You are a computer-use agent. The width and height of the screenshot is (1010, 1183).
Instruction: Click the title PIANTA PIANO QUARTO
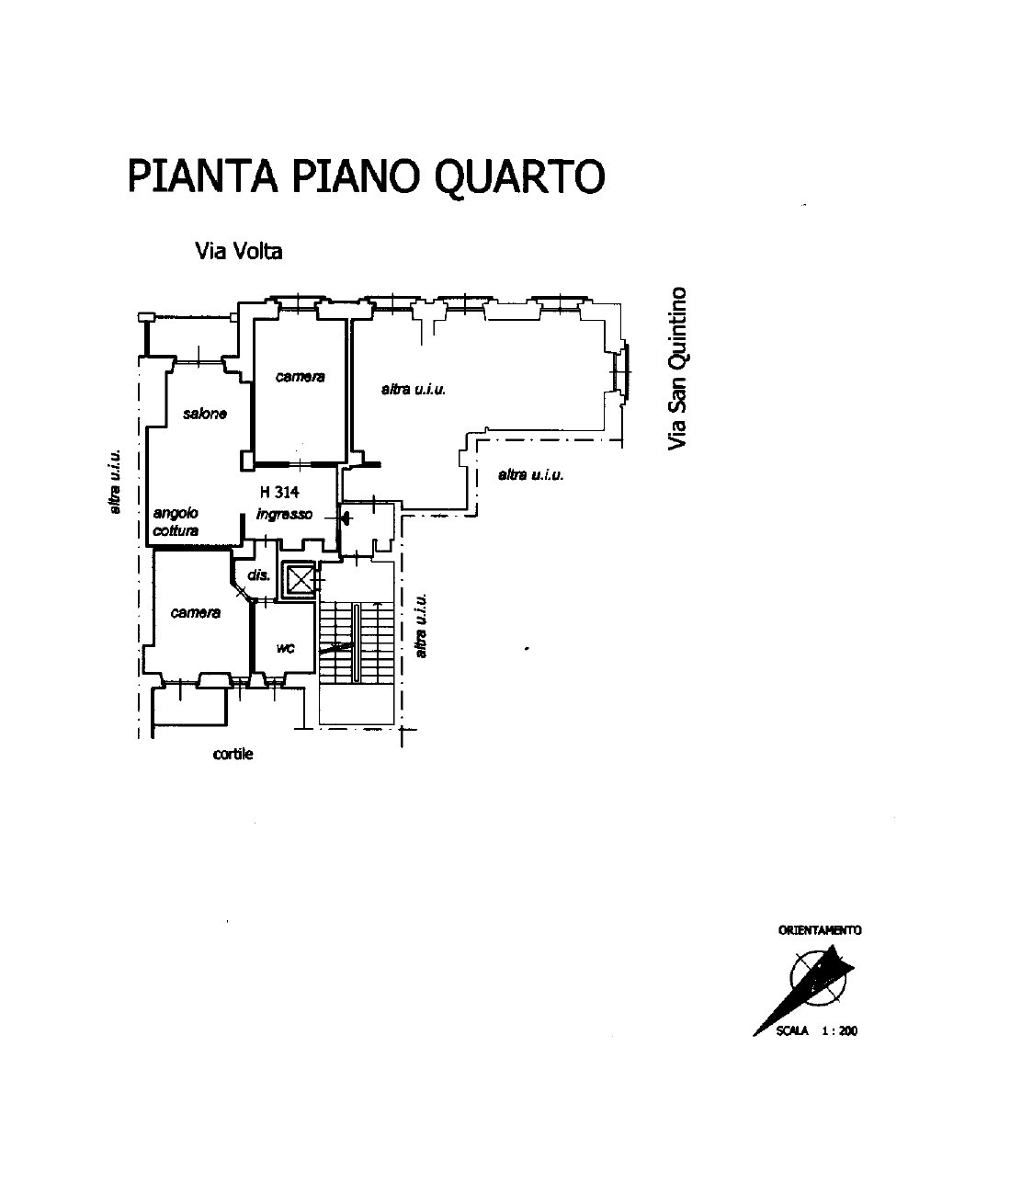366,176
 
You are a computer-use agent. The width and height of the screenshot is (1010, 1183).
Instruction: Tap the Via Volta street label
239,251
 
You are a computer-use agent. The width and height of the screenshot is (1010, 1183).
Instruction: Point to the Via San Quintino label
677,369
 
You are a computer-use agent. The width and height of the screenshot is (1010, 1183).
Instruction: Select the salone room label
205,414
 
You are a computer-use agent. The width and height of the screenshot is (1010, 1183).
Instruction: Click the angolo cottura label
176,521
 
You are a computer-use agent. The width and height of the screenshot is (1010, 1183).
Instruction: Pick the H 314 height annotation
279,492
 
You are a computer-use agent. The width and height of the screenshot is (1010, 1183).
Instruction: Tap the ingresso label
284,514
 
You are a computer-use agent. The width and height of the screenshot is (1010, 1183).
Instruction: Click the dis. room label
258,574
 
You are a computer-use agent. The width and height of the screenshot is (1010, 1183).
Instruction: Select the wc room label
285,648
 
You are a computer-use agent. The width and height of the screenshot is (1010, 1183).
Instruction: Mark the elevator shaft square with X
300,580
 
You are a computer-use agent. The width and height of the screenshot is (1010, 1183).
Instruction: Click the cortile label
233,754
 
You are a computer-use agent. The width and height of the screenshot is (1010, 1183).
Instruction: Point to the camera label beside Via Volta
300,376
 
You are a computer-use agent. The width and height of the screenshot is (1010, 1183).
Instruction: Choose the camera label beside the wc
195,612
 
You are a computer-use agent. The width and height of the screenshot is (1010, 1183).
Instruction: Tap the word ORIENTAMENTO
820,930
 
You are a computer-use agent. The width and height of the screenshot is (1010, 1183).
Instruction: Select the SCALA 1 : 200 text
817,1030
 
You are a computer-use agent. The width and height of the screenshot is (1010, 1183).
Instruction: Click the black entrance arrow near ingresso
346,518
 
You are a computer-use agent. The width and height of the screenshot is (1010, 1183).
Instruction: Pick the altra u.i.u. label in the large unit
414,390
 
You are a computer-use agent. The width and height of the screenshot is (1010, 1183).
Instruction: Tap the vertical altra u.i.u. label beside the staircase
421,625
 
